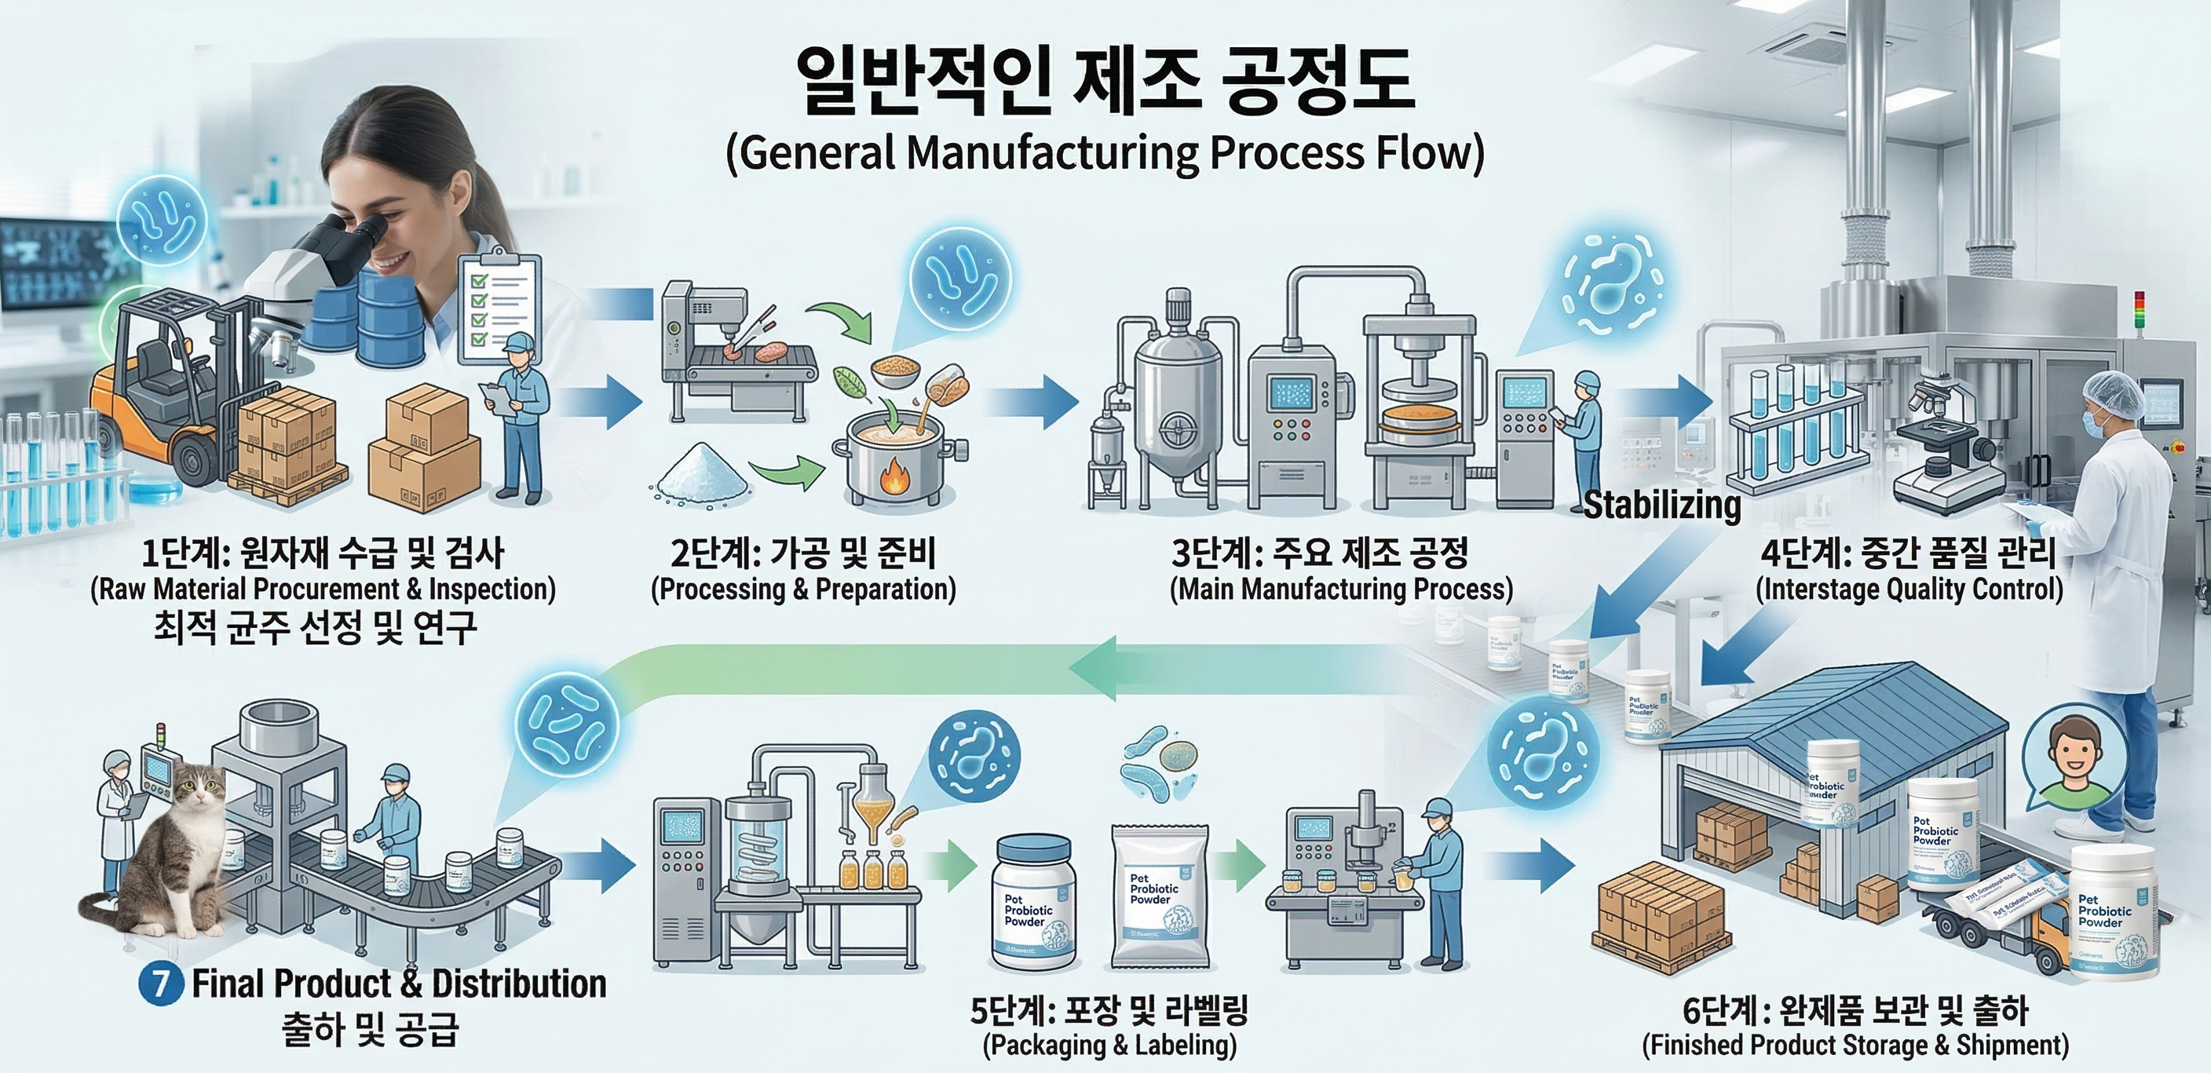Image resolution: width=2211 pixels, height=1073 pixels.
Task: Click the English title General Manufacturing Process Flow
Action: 1105,153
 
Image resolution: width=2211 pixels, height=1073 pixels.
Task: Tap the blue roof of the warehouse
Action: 1828,713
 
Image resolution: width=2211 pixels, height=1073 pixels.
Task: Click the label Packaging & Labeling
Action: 1109,1045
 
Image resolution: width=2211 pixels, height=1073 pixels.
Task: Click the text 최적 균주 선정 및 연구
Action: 314,627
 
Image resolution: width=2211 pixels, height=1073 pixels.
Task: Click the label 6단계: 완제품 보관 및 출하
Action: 1855,1010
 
